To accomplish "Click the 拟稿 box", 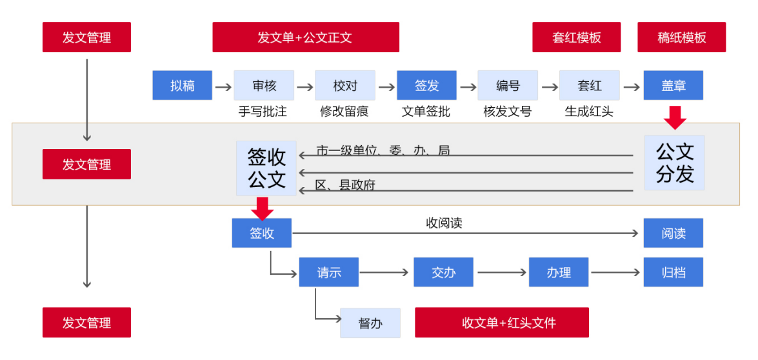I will tap(182, 85).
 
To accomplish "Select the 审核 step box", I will tap(263, 85).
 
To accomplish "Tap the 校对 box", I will tap(344, 85).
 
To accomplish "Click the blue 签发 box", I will tap(426, 85).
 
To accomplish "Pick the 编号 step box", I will tap(508, 85).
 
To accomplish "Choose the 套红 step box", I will tap(589, 85).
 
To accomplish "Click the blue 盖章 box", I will tap(673, 85).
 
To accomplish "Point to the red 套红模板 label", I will tap(576, 37).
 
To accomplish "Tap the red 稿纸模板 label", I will tap(681, 37).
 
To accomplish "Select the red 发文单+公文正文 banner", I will tap(306, 37).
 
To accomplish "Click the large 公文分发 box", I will tap(674, 163).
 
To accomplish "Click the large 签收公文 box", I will tap(266, 168).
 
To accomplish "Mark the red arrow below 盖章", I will tap(675, 118).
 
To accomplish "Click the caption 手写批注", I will tap(263, 112).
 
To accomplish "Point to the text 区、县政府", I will tap(345, 185).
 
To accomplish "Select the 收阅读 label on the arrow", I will tap(444, 223).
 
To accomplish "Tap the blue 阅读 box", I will tap(673, 233).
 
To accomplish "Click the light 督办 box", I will tap(370, 323).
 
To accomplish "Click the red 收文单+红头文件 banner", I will tap(501, 323).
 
